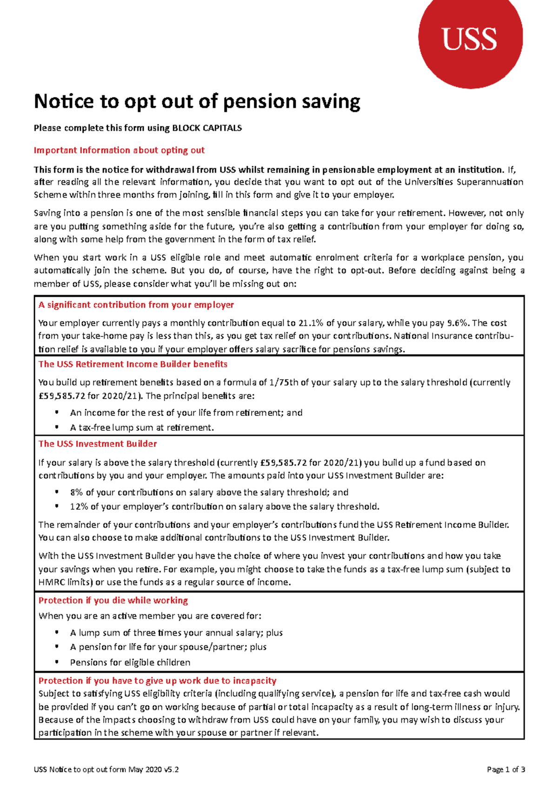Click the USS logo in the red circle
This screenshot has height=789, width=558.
(470, 39)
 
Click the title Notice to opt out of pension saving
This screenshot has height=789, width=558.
(197, 102)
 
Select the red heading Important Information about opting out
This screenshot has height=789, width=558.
(119, 151)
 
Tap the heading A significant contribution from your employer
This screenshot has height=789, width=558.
(136, 305)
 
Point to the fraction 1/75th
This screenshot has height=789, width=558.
(284, 383)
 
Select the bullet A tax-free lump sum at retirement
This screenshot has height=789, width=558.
(142, 428)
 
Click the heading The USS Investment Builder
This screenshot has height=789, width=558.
(98, 444)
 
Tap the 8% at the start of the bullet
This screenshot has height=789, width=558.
(76, 493)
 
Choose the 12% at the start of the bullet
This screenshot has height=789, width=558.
(78, 507)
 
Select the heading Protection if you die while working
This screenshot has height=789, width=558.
(113, 601)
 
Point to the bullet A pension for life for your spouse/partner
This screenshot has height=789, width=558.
(168, 647)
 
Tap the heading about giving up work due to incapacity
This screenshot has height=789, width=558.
(157, 681)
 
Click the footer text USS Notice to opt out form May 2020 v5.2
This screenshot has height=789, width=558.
(106, 769)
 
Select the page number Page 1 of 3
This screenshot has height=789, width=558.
(506, 769)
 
